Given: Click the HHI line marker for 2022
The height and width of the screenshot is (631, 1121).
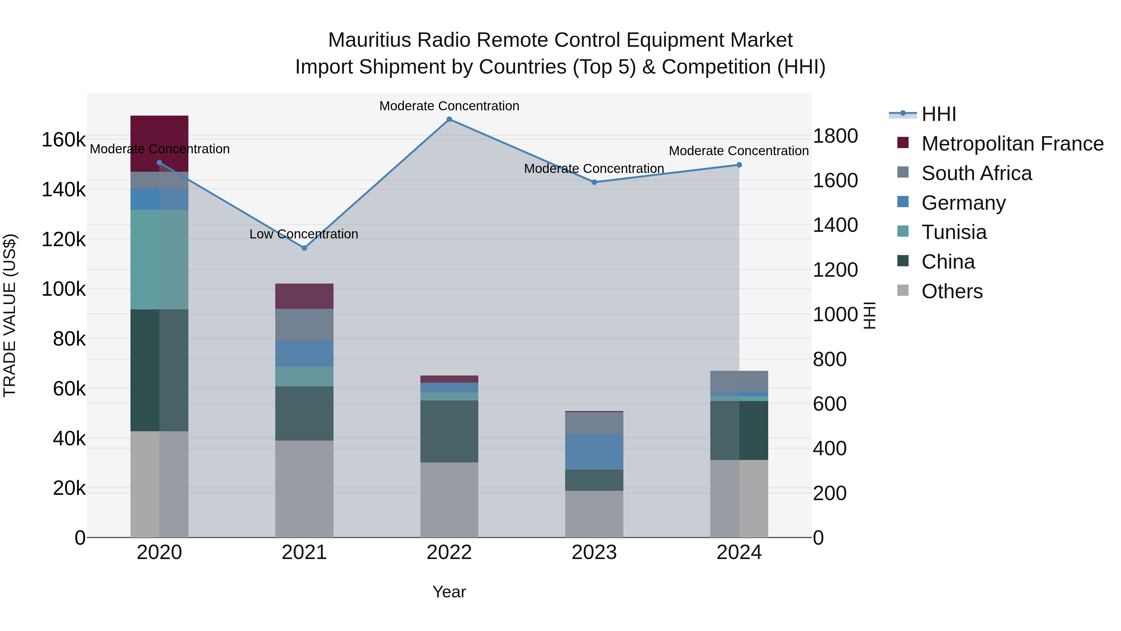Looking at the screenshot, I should pos(449,119).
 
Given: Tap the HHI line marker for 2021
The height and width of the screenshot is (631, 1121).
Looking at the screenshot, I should pos(304,248).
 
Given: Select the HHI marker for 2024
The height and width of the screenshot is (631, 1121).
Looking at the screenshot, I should pos(739,165).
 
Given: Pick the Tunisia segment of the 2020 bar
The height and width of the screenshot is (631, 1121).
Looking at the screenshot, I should pos(159,260).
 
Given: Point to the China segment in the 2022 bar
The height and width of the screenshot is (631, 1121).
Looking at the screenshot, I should pos(449,431).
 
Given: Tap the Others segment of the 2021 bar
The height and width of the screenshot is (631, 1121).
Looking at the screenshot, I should pos(304,489).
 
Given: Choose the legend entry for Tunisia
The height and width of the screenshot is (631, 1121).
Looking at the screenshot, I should pos(954,232).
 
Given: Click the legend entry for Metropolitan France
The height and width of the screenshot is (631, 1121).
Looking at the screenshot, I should pos(1012,144).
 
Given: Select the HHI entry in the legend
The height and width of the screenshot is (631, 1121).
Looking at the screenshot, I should pos(938,114).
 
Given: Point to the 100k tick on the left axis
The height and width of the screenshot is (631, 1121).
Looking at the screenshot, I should pos(64,289).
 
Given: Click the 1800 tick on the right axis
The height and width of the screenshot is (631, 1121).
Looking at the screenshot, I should pos(835,136).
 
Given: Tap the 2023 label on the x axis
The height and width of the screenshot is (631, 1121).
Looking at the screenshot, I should pos(594,552).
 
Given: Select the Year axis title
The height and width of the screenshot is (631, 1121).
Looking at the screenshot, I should pos(449,592).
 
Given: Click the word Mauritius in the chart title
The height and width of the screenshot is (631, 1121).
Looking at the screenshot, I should pos(369,40).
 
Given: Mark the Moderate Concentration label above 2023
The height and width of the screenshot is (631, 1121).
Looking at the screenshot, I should pos(594,169).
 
